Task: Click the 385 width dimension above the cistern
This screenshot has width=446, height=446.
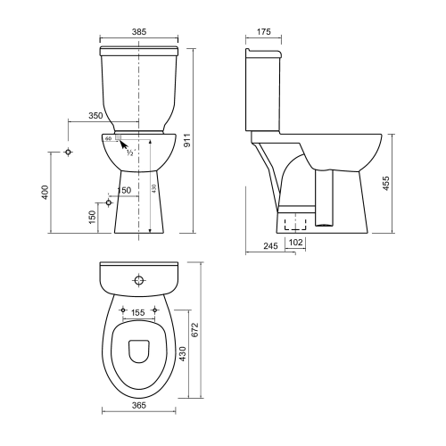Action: coord(138,31)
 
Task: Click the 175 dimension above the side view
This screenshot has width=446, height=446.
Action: coord(263,31)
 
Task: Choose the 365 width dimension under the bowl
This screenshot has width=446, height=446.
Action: coord(138,406)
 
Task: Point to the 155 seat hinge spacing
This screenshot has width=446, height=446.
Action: coord(137,313)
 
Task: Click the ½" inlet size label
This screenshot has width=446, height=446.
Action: coord(129,153)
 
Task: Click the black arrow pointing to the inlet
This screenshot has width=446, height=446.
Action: coord(124,145)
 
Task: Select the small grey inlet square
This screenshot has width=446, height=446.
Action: coord(116,139)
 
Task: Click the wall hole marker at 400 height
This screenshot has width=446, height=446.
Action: coord(69,153)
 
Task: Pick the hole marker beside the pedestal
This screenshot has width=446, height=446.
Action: coord(109,202)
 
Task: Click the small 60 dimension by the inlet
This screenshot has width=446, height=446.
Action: coord(108,139)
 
